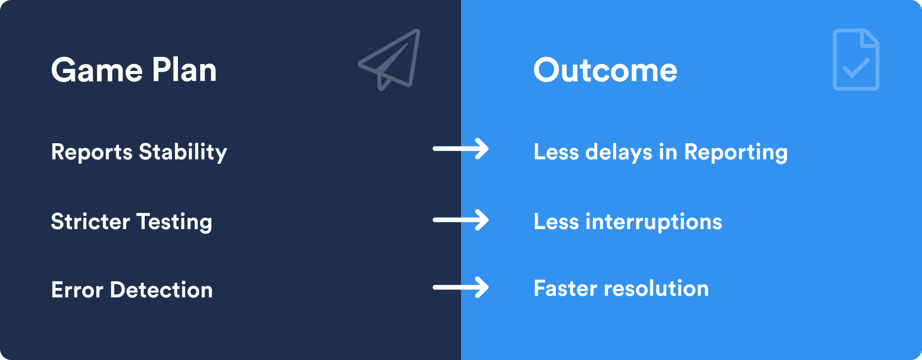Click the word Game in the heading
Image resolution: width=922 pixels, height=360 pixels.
(x=97, y=71)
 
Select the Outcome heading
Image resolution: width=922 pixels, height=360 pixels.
(x=605, y=71)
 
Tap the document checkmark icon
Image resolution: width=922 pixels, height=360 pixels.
(x=856, y=60)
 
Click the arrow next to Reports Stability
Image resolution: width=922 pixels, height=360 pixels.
(x=461, y=149)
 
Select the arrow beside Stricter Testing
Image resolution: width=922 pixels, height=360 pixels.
(x=461, y=220)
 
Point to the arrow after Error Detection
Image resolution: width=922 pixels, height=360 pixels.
(x=461, y=287)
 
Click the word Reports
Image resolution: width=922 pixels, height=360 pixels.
(x=92, y=152)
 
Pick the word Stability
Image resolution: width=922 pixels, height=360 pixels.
(x=183, y=152)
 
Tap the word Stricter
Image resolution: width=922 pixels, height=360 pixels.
(x=90, y=222)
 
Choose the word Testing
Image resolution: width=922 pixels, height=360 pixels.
(x=174, y=222)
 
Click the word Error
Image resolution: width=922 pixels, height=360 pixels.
(x=77, y=290)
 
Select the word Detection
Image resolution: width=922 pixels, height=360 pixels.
(x=161, y=290)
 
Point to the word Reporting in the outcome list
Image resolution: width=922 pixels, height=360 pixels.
(x=736, y=152)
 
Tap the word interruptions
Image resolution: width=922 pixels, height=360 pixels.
(x=654, y=222)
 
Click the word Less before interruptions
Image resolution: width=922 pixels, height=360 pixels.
(x=556, y=222)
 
